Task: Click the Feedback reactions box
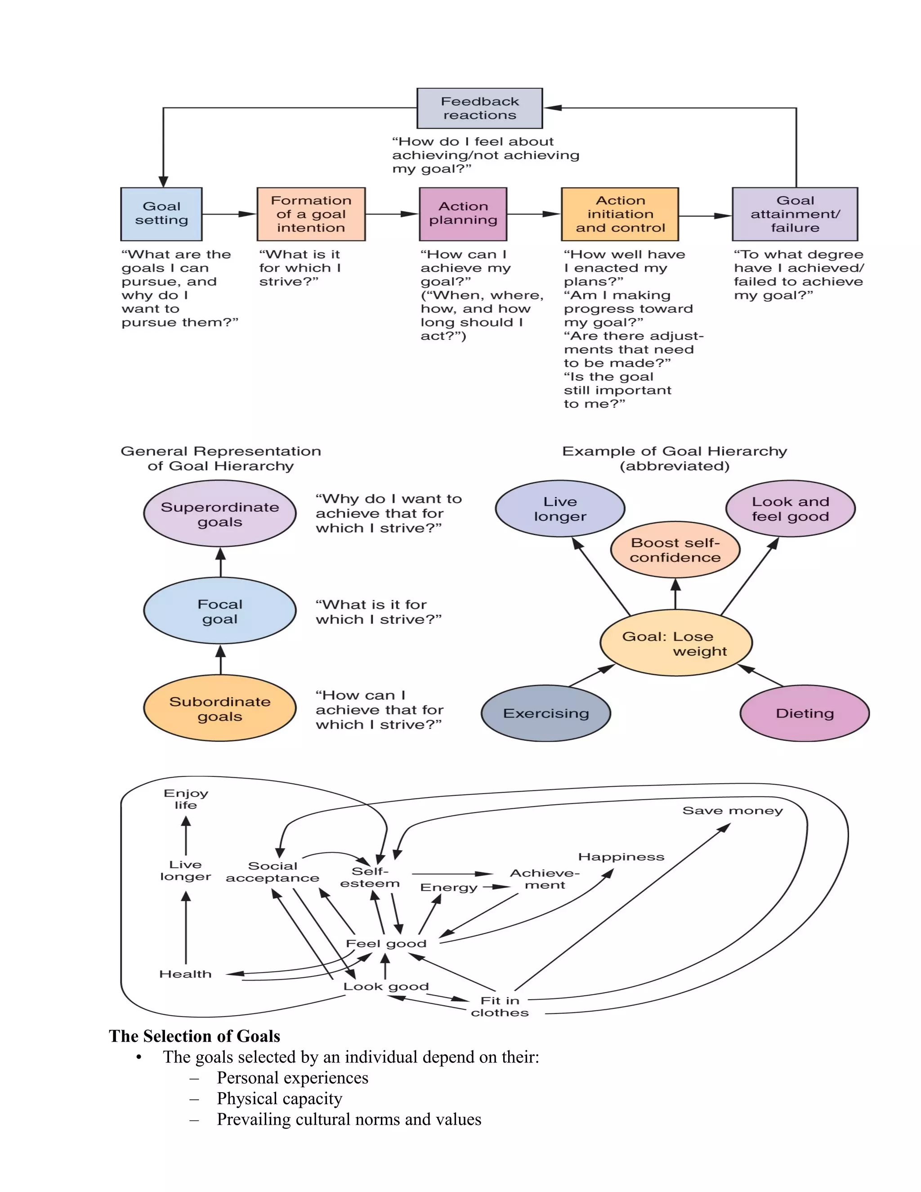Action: click(x=479, y=108)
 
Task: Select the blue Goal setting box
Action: click(x=161, y=214)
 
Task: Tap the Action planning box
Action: click(x=463, y=214)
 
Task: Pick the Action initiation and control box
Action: click(x=620, y=214)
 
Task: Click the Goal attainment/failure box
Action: click(x=795, y=214)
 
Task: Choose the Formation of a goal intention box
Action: click(x=311, y=214)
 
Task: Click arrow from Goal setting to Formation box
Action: click(x=229, y=215)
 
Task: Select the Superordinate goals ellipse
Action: click(x=220, y=514)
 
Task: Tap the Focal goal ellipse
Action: click(x=220, y=611)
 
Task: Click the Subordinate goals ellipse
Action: click(x=220, y=708)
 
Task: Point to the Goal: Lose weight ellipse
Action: click(x=675, y=643)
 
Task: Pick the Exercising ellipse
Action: click(x=545, y=713)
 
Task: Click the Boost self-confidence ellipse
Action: click(x=675, y=550)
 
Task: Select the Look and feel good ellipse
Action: click(x=790, y=509)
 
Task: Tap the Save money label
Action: click(x=732, y=811)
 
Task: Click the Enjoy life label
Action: click(x=186, y=799)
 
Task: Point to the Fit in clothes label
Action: click(x=499, y=1006)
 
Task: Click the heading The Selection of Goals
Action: click(x=194, y=1036)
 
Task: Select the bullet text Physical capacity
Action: click(x=279, y=1098)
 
